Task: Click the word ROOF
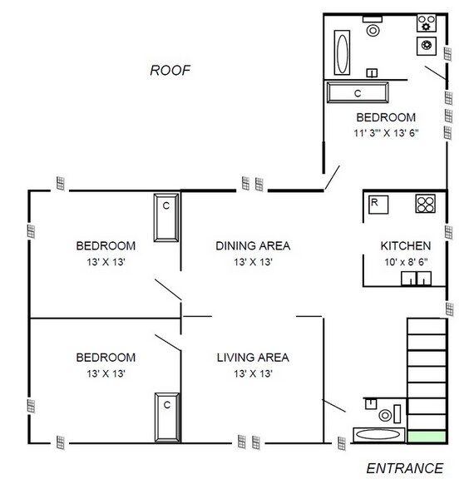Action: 170,70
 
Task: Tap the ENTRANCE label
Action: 404,468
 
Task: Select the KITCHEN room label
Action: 406,246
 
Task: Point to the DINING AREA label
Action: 253,246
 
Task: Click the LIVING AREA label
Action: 253,358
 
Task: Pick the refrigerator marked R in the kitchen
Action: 378,205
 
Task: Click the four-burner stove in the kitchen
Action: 426,204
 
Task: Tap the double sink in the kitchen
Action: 416,278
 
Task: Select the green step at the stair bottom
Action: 427,437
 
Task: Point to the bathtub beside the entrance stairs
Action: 379,435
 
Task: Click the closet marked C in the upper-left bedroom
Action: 166,218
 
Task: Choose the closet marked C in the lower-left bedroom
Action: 167,417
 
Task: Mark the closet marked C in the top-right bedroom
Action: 358,92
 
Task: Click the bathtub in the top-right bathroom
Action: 342,52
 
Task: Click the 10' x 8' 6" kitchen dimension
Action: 406,262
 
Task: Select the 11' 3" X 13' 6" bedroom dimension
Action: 386,133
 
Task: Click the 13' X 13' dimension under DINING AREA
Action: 253,262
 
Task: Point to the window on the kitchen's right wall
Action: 448,232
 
